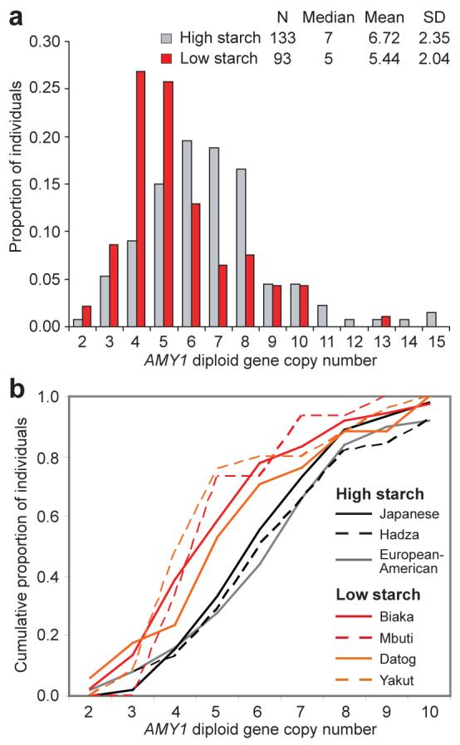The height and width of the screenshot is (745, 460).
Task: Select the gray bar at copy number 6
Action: pos(187,233)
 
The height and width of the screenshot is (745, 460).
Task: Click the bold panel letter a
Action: pos(14,14)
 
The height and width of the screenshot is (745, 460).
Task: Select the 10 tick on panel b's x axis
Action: pos(430,713)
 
